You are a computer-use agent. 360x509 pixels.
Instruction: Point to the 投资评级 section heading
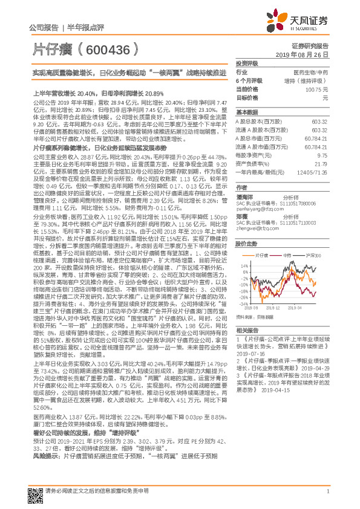(x=246, y=63)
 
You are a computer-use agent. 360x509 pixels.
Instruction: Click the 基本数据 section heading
(x=246, y=112)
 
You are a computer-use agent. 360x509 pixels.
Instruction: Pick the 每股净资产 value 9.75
(x=322, y=155)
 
